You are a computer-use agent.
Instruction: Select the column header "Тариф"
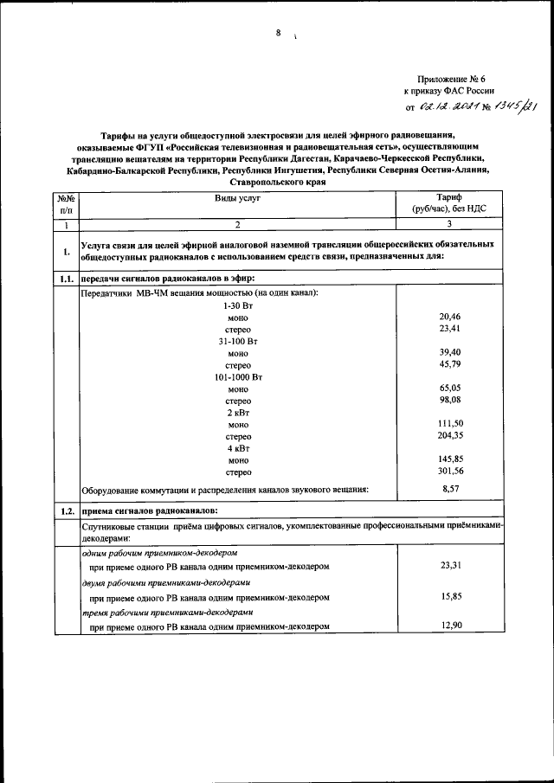point(448,198)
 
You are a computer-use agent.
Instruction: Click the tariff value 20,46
point(449,318)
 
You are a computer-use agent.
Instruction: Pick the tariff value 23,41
point(449,330)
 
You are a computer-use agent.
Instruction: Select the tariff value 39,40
point(449,353)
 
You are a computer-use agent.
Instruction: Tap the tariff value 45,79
point(449,365)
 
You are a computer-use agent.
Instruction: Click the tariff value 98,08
point(449,401)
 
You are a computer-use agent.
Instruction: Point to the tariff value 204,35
point(449,436)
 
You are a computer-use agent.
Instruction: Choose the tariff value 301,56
point(449,472)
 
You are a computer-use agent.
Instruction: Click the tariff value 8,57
point(449,490)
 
